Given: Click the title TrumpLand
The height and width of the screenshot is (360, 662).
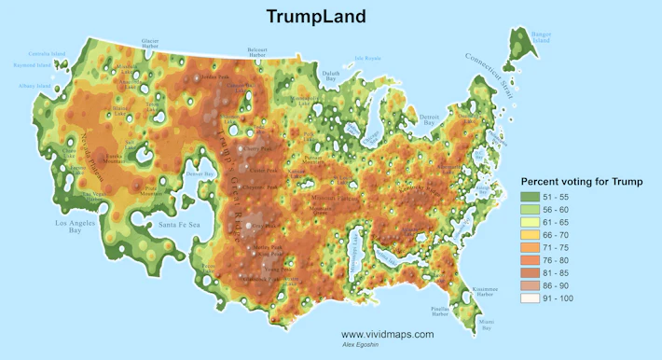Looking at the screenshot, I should pos(315,17).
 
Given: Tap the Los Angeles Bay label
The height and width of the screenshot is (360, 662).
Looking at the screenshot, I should pos(82,228).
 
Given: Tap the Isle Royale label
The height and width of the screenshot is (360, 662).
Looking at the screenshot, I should pos(368,58).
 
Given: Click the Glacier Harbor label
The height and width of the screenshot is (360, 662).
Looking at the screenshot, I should pos(149,44).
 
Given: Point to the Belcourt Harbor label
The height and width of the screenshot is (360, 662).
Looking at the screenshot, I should pos(264,50).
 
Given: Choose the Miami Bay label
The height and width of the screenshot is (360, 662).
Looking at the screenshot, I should pos(485,323).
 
